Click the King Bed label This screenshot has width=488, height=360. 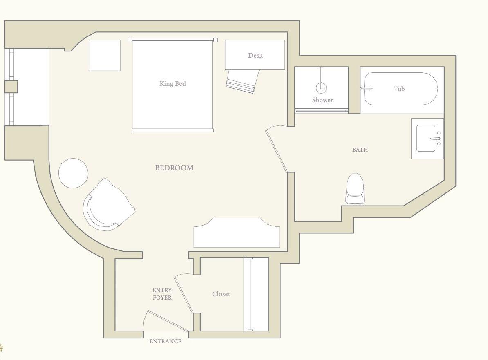pyautogui.click(x=172, y=84)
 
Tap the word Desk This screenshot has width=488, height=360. pyautogui.click(x=255, y=55)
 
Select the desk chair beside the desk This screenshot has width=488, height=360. pyautogui.click(x=242, y=80)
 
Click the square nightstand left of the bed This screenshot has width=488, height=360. pyautogui.click(x=105, y=55)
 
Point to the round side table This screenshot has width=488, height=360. pyautogui.click(x=74, y=173)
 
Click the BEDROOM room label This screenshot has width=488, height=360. pyautogui.click(x=174, y=168)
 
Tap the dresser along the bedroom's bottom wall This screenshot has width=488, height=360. pyautogui.click(x=237, y=233)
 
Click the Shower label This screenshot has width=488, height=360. pyautogui.click(x=322, y=100)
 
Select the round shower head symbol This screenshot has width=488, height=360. pyautogui.click(x=321, y=87)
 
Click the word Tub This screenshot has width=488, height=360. pyautogui.click(x=399, y=89)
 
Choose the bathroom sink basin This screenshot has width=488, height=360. pyautogui.click(x=426, y=139)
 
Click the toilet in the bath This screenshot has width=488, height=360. pyautogui.click(x=355, y=188)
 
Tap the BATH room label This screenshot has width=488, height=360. pyautogui.click(x=360, y=150)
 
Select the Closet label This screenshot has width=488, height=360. pyautogui.click(x=221, y=294)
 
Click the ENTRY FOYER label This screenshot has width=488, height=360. pyautogui.click(x=162, y=294)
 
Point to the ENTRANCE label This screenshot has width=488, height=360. pyautogui.click(x=165, y=342)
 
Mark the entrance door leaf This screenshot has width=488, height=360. pyautogui.click(x=168, y=321)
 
